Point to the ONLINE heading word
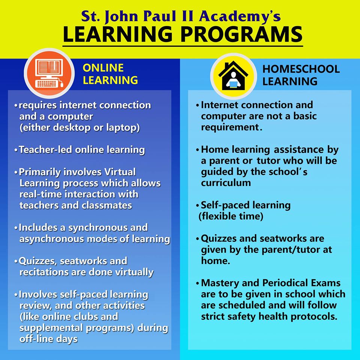(103, 68)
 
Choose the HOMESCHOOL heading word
(301, 69)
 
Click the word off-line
(36, 339)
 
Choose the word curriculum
(226, 183)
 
